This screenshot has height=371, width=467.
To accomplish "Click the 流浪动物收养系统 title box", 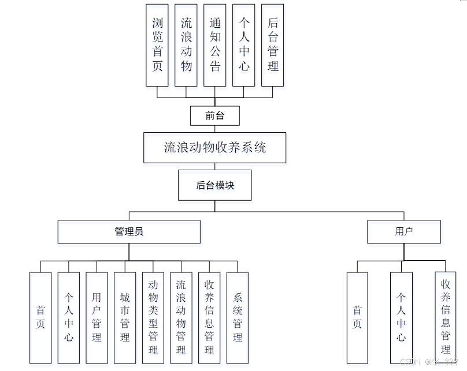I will (214, 147).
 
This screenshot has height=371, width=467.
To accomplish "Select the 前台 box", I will (214, 116).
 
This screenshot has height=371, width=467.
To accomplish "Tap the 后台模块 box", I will (214, 185).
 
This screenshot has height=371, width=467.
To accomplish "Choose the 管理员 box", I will (129, 231).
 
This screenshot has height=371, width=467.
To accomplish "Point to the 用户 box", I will (403, 231).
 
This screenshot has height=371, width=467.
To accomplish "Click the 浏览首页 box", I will (157, 45).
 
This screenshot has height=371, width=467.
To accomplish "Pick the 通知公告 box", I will (215, 45).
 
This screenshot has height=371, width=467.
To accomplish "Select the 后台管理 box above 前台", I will (273, 45).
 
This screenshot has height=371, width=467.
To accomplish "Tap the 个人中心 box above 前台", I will (244, 45).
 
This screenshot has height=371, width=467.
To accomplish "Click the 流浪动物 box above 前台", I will (186, 45).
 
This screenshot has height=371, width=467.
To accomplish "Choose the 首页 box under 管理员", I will (40, 317).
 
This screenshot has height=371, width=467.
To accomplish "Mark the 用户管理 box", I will (97, 317).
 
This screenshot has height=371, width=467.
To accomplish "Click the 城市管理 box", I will (125, 317).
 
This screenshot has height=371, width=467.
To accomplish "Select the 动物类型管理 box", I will (153, 317).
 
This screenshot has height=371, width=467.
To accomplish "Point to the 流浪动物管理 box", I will (181, 317).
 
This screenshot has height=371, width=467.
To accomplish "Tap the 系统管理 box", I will (238, 317).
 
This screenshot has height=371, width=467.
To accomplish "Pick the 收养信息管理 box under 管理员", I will (209, 317).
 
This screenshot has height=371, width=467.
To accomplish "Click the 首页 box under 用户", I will (357, 317).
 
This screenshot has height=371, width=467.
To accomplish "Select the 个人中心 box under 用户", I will (401, 317).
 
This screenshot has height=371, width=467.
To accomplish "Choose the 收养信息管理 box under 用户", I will (446, 317).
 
